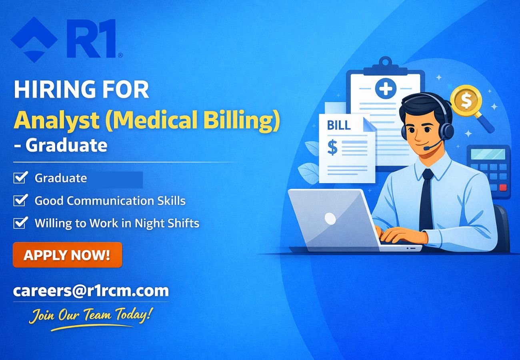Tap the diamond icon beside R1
click(x=34, y=39)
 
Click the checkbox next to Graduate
click(x=20, y=177)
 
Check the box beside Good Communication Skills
click(x=20, y=200)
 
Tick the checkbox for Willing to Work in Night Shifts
click(x=20, y=222)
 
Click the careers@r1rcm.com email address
click(x=91, y=290)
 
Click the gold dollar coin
click(x=466, y=100)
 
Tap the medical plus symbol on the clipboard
click(x=386, y=88)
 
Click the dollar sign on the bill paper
click(x=332, y=147)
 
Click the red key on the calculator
click(x=503, y=187)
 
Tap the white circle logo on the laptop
click(x=330, y=218)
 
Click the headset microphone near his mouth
click(x=427, y=148)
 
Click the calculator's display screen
click(x=488, y=154)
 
